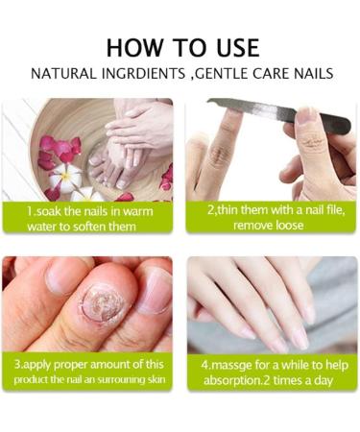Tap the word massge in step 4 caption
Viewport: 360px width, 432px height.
236,366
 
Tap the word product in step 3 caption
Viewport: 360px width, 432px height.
36,381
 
